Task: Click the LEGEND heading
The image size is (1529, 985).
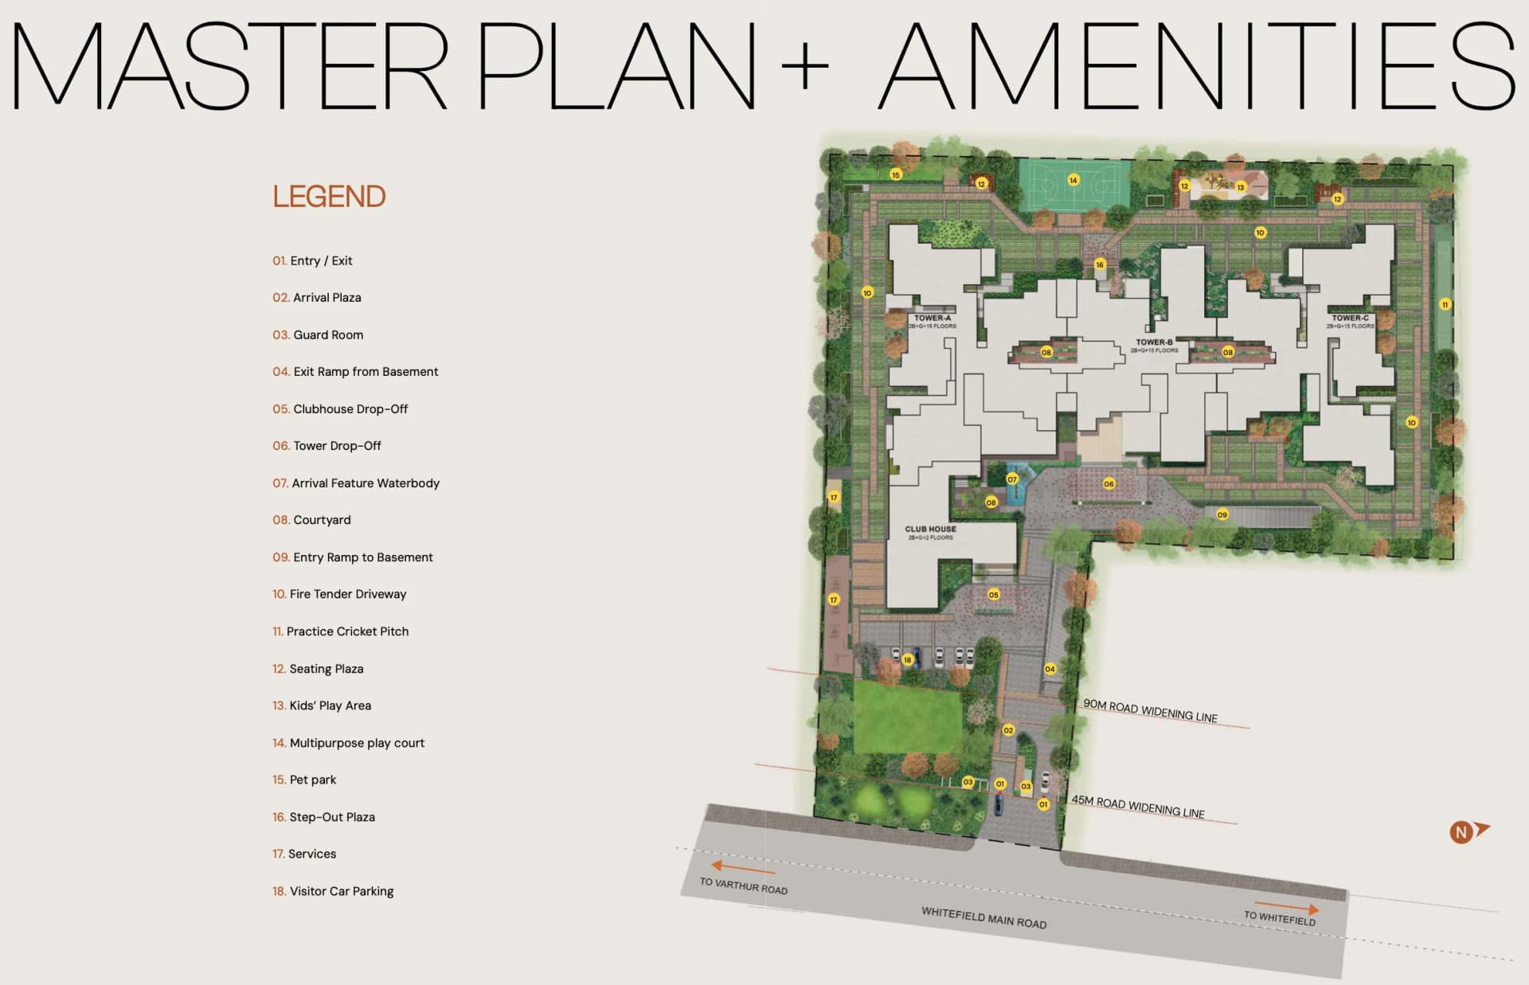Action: point(329,197)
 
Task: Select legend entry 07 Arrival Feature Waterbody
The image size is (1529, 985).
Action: point(356,483)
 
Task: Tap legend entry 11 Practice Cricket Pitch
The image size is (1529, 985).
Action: point(340,631)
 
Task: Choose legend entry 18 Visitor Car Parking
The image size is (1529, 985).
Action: point(333,891)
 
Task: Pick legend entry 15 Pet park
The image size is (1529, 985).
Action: point(304,780)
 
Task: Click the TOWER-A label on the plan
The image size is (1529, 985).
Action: point(933,319)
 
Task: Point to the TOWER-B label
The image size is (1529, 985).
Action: point(1154,342)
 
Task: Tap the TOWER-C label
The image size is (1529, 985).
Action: point(1351,319)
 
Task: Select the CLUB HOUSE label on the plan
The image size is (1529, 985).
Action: point(930,530)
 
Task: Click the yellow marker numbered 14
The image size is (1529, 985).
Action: point(1073,180)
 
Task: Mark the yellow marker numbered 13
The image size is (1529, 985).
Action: point(1240,188)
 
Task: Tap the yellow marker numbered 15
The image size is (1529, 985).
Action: point(896,175)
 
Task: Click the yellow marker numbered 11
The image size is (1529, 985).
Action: point(1445,305)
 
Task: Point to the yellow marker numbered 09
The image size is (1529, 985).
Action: point(1222,515)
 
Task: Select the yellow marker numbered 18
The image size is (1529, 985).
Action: point(907,660)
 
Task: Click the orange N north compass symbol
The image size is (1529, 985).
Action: point(1462,832)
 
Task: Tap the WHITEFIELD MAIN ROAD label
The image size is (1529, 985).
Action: point(983,917)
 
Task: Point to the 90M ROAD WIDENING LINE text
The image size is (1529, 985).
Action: point(1150,710)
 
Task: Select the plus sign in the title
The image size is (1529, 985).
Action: point(805,65)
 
